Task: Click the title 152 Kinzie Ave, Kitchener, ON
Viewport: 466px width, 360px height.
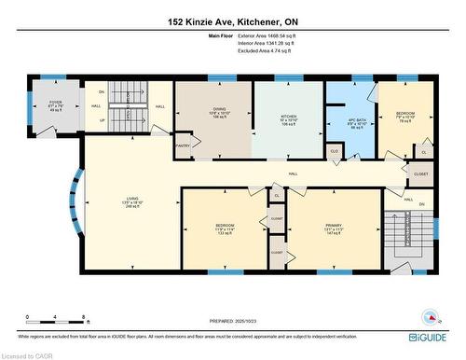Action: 233,22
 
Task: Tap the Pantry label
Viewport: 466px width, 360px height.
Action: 183,145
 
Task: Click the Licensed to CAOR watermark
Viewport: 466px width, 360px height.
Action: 27,355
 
